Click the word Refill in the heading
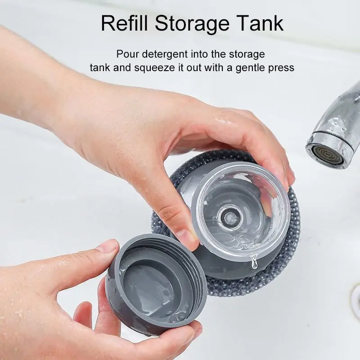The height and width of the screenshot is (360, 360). pos(124,23)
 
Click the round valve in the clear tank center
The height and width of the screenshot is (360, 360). pos(229,217)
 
